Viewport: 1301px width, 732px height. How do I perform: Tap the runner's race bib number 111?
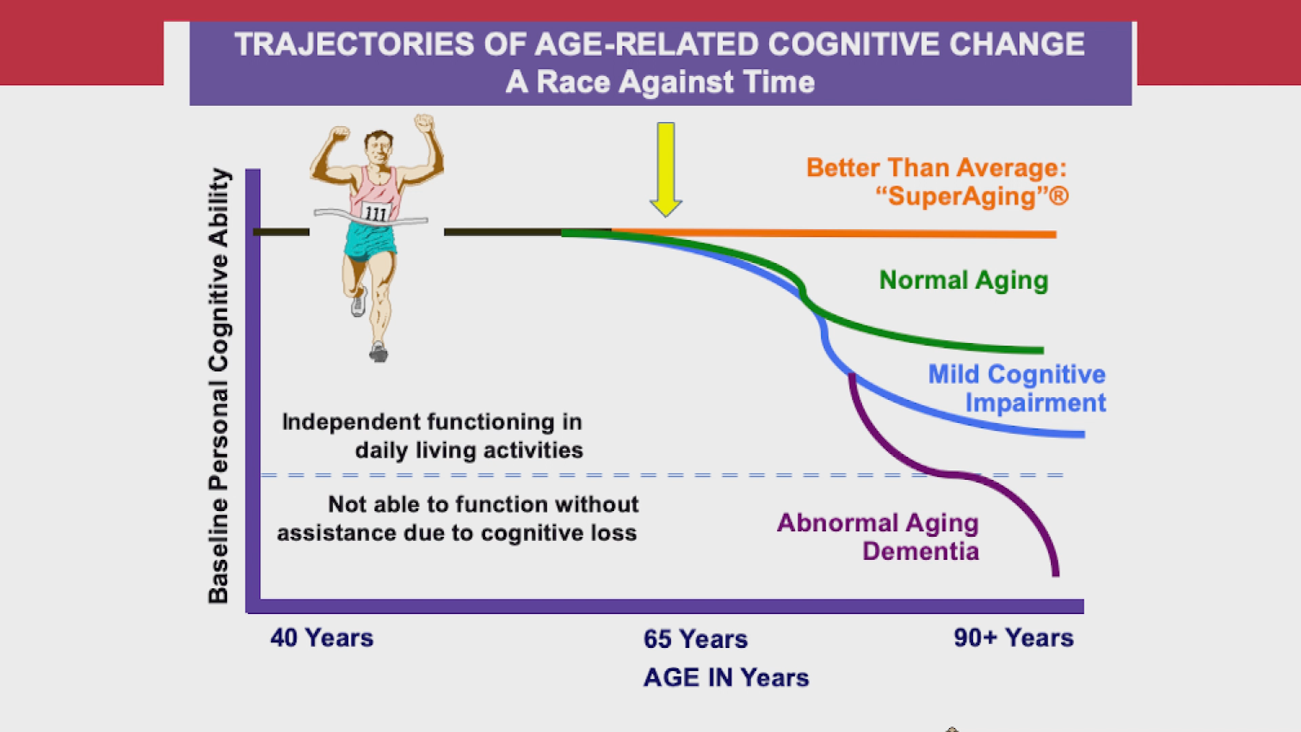[x=375, y=213]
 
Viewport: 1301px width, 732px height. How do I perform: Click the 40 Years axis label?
[x=322, y=638]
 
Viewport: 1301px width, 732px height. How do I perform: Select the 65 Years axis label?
[x=695, y=639]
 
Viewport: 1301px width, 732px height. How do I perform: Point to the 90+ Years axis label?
[x=1014, y=638]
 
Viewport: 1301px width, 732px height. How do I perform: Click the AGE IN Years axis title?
[x=726, y=678]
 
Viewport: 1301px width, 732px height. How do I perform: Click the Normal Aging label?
[x=963, y=281]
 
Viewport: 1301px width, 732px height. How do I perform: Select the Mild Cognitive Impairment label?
[x=1016, y=388]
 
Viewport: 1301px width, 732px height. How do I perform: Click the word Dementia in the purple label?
[x=920, y=551]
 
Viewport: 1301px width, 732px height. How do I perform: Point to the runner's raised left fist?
[x=425, y=125]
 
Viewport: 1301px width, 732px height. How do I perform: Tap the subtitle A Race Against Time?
[x=660, y=83]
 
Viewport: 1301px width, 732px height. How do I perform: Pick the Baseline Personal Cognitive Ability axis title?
[x=219, y=386]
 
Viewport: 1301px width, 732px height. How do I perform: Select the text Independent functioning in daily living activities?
[x=432, y=436]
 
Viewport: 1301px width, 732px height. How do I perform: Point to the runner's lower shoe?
[x=379, y=352]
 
